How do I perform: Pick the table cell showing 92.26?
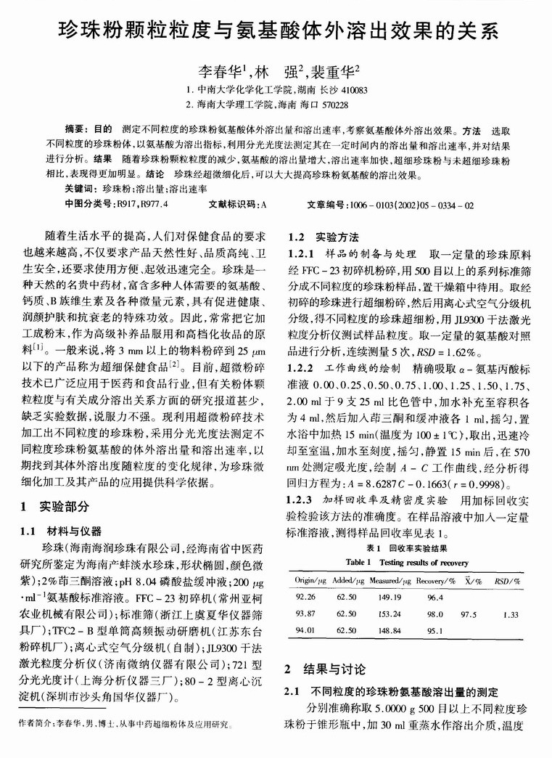[306, 597]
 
